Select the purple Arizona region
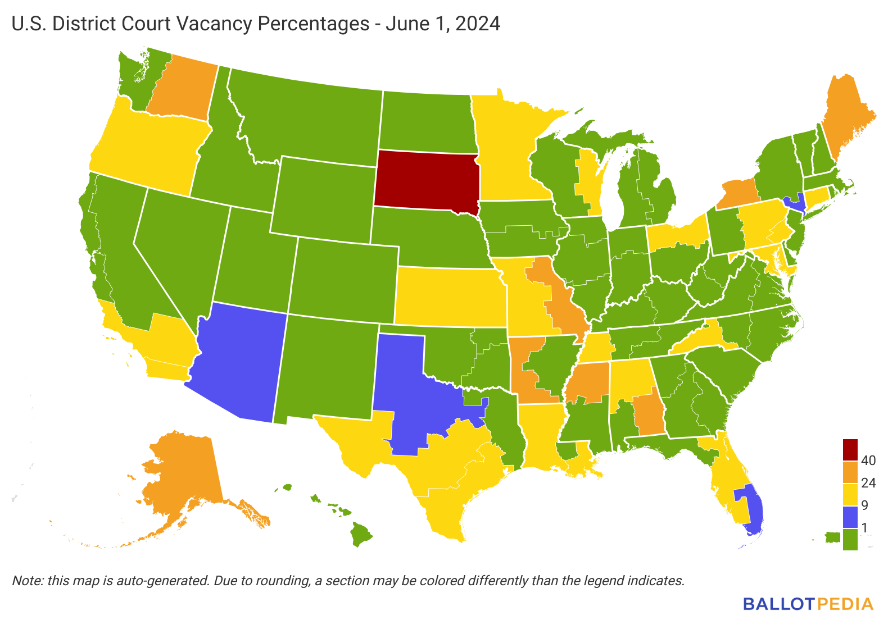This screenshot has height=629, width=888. pos(239,359)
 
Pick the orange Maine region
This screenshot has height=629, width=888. pos(849,124)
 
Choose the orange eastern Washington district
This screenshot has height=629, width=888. pos(183,90)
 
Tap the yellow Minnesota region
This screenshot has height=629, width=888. pos(503,152)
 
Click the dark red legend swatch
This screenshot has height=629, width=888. pos(850,449)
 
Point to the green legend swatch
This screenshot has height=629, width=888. pos(850,539)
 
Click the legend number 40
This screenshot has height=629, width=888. pos(868,461)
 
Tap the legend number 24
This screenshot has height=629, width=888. pos(868,483)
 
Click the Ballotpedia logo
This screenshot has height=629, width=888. pos(808,604)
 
